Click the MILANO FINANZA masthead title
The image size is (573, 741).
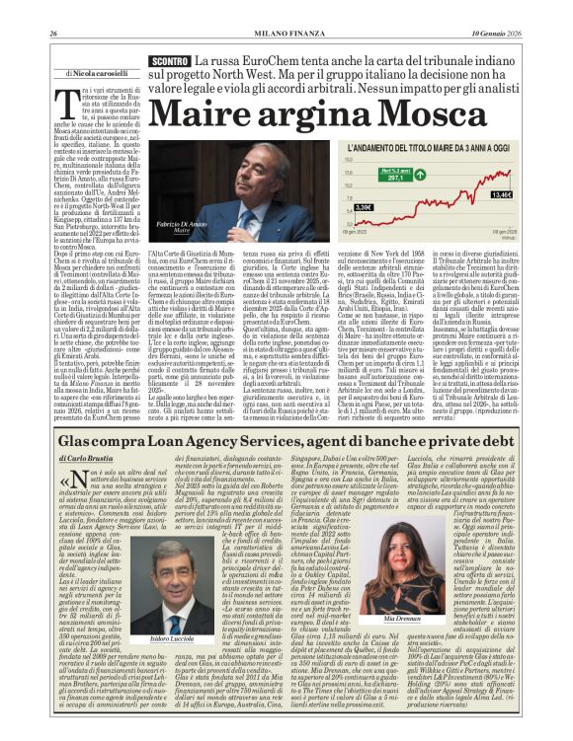click(x=286, y=8)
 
